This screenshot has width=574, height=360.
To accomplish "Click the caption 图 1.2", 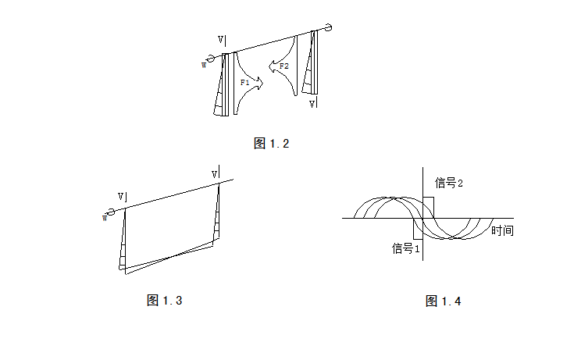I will (x=272, y=144).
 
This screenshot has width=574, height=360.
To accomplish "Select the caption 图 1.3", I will (x=164, y=301).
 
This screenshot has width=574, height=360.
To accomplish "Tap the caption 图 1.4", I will (x=443, y=301).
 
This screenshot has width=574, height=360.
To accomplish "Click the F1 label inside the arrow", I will (x=244, y=82).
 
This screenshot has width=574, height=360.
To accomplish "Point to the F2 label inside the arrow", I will (x=284, y=66).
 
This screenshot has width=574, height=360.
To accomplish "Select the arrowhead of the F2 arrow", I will (x=271, y=67).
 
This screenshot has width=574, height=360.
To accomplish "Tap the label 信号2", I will (x=449, y=183).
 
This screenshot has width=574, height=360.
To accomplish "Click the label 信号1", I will (x=406, y=248).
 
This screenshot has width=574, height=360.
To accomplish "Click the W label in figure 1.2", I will (x=204, y=65).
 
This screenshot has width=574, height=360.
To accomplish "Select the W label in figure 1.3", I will (x=105, y=218).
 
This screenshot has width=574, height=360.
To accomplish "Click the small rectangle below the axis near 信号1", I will (x=418, y=230).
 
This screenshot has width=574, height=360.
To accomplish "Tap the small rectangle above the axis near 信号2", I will (x=429, y=207).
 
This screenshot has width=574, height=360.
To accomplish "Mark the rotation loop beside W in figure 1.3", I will (x=112, y=212).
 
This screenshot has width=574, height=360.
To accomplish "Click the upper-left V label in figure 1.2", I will (x=222, y=39).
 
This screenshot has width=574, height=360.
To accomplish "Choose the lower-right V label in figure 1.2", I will (x=312, y=103).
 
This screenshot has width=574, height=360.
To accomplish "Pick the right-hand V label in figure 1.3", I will (x=216, y=173).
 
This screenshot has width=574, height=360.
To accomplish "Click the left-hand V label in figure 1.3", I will (x=122, y=197).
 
